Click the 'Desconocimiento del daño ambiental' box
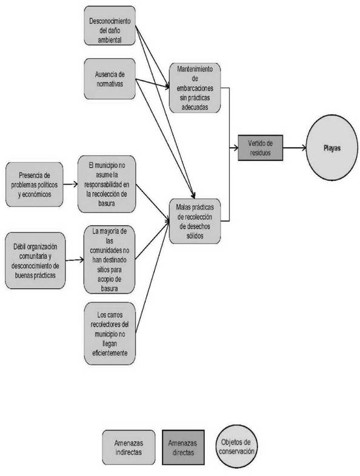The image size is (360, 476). tap(110, 26)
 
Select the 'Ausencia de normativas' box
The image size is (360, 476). tap(110, 79)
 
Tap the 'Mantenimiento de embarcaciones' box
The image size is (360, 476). tap(195, 88)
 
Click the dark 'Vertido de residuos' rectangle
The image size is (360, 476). tap(261, 148)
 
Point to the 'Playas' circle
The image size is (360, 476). tap(332, 148)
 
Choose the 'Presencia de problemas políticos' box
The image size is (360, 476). tap(35, 185)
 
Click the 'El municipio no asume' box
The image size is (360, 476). tap(107, 184)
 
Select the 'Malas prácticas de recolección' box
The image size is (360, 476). tap(195, 221)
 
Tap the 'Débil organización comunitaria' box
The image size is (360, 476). tap(35, 260)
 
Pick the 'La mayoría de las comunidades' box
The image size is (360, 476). tap(109, 260)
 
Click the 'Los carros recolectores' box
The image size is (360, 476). tap(110, 333)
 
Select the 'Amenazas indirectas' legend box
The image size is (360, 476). tap(128, 447)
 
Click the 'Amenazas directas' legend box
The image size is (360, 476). tap(183, 447)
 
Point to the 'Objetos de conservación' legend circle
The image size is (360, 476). tap(236, 446)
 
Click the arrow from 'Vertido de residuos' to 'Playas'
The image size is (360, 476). tap(295, 148)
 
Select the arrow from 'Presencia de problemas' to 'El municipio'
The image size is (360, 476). tap(70, 184)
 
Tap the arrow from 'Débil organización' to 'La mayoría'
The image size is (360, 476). tap(75, 260)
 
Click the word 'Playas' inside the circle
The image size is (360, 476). tap(332, 148)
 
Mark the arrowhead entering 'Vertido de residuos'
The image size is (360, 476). tap(235, 148)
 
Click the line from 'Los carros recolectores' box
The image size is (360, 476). tap(152, 277)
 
